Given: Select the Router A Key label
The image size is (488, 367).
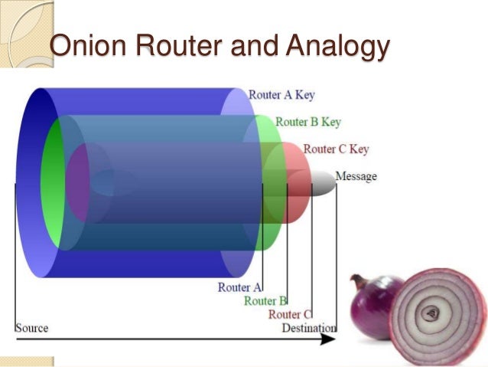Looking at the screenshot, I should point(281,96).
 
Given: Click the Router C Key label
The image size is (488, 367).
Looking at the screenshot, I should point(336,149).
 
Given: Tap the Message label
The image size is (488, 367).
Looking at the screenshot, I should point(356,177).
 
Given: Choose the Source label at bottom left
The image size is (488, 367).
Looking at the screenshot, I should point(31,328).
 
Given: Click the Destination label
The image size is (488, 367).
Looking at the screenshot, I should point(308,328).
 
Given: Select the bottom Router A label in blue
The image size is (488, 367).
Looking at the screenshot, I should point(239,287).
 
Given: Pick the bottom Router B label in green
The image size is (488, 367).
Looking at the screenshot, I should point(265,301).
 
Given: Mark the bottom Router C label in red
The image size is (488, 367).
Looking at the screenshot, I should point(290,314).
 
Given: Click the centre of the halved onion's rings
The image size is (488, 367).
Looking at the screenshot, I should point(433,313).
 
